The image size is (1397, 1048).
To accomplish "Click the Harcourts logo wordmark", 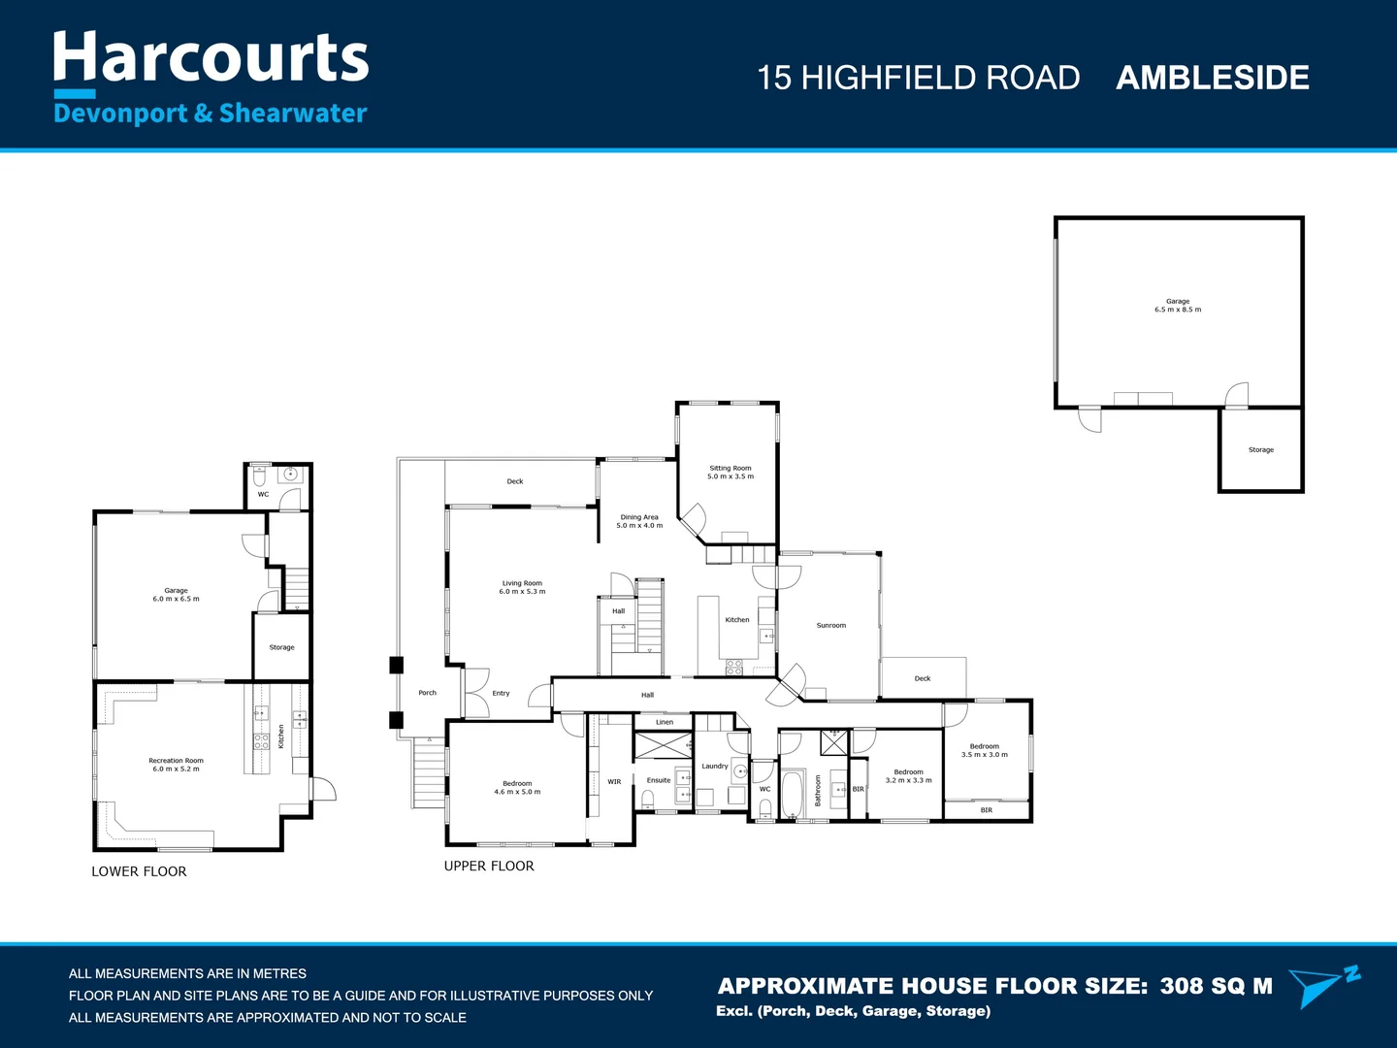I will click(x=211, y=58).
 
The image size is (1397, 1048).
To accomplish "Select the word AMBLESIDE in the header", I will click(x=1212, y=78).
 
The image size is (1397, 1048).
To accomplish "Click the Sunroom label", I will click(x=830, y=626).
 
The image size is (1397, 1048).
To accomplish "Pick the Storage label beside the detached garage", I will click(x=1260, y=450).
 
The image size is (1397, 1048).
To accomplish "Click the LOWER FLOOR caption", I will click(x=139, y=871).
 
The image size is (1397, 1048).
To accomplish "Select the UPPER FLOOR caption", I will click(x=489, y=867).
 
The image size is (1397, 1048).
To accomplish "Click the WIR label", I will click(x=614, y=781).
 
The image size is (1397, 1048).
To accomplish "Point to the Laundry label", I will click(x=714, y=767).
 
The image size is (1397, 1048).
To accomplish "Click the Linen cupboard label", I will click(x=664, y=722).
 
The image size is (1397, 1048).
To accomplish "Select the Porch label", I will click(x=427, y=693).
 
